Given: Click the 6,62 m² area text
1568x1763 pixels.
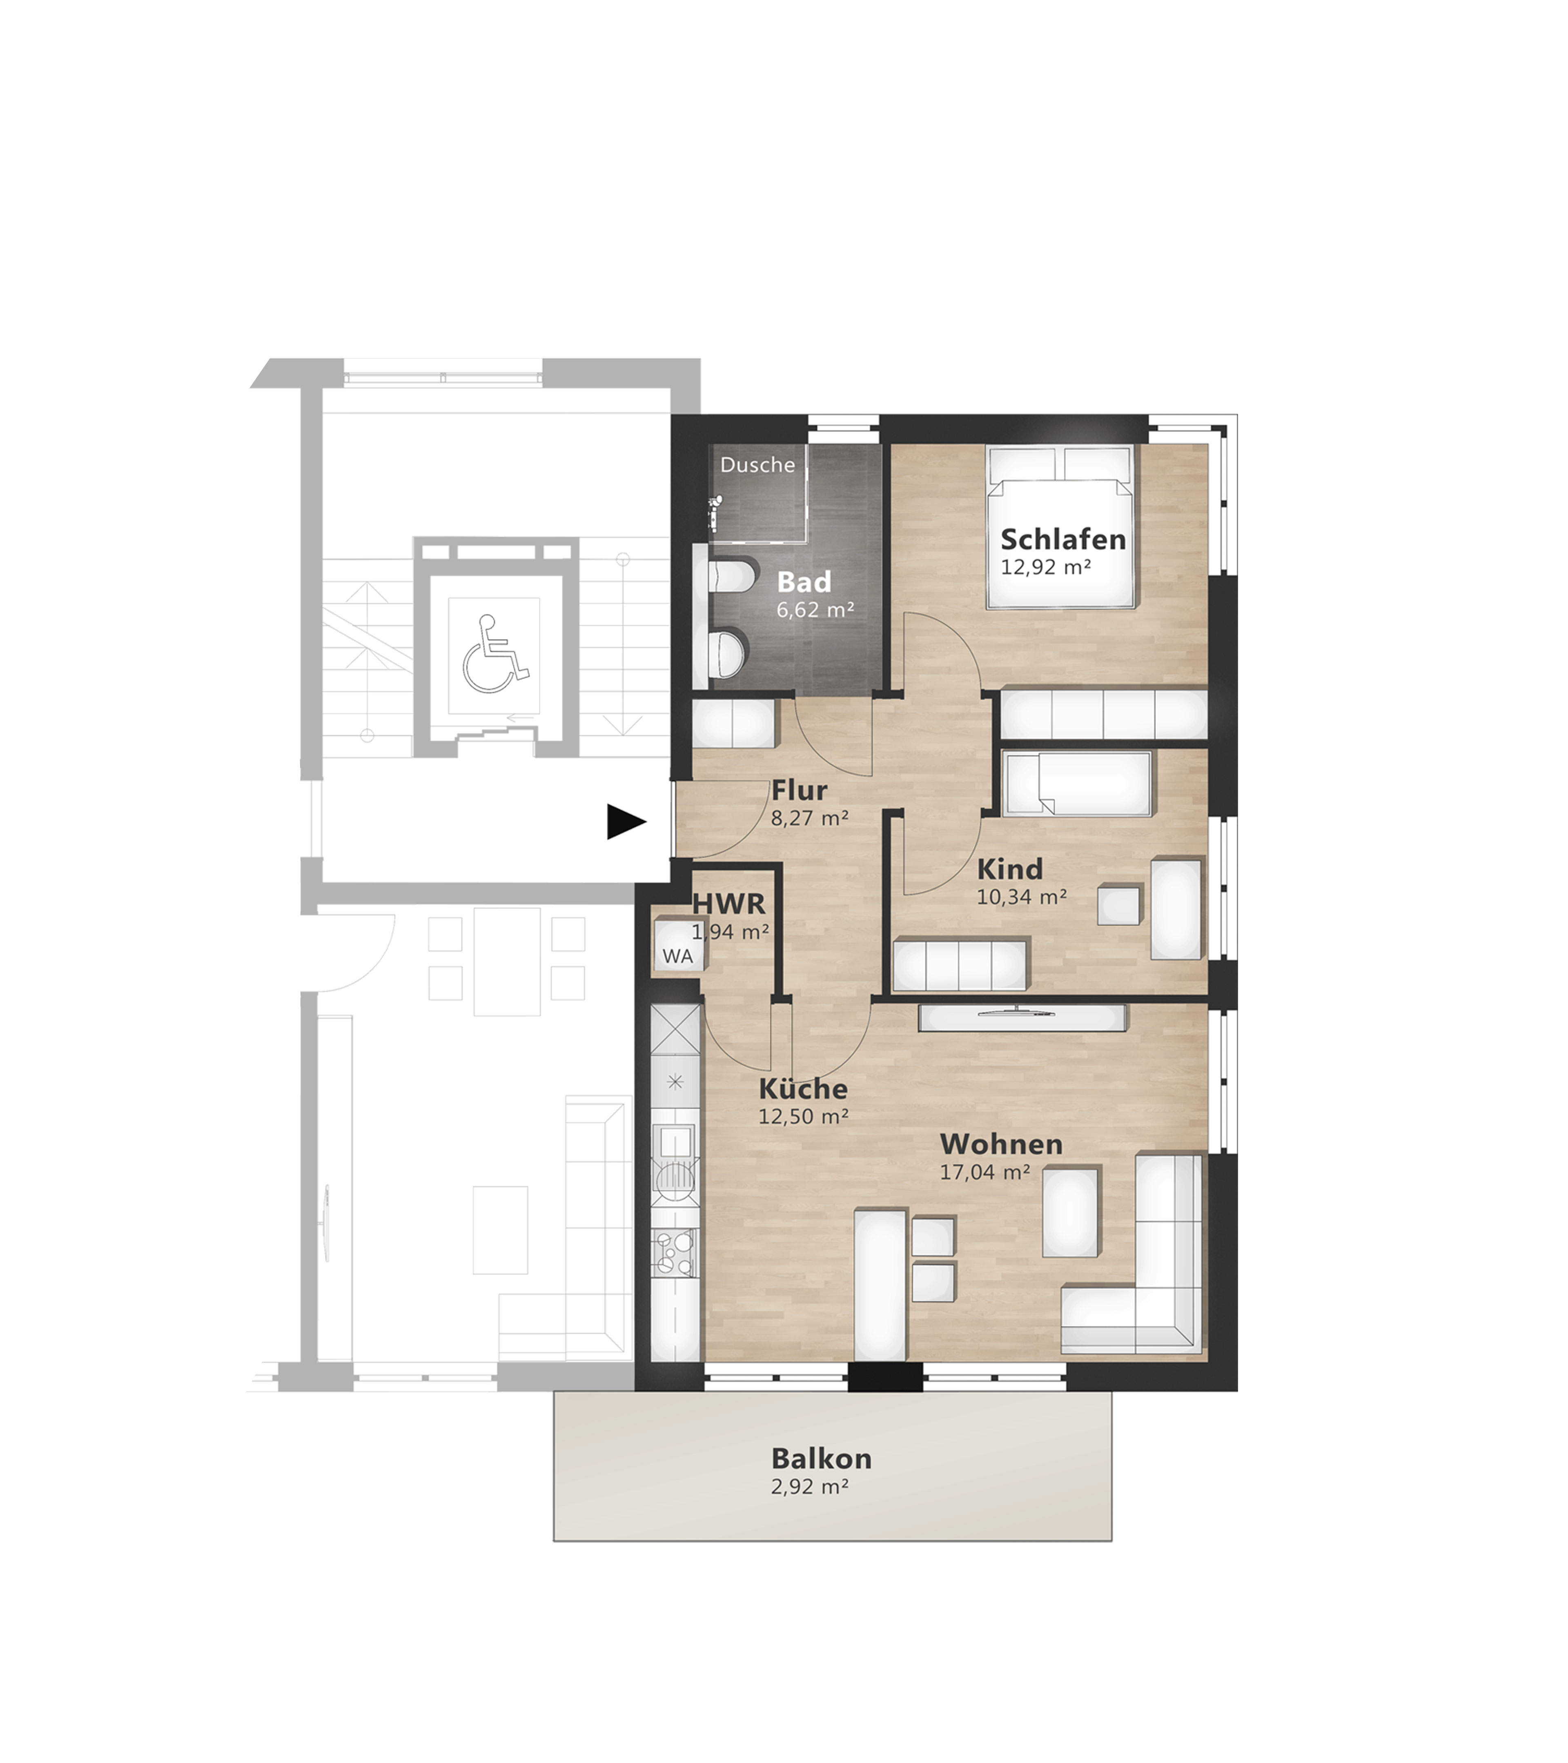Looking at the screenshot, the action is [x=815, y=610].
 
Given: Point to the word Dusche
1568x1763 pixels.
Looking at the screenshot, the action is [x=758, y=465].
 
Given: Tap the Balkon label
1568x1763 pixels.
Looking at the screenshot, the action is [x=809, y=1459].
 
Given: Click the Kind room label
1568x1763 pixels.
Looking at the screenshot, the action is [x=1010, y=868].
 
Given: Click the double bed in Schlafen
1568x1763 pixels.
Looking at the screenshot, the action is [x=1061, y=527].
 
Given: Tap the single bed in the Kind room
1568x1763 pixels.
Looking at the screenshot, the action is [x=1079, y=783].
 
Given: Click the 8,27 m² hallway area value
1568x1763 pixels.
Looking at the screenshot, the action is [x=809, y=818].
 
